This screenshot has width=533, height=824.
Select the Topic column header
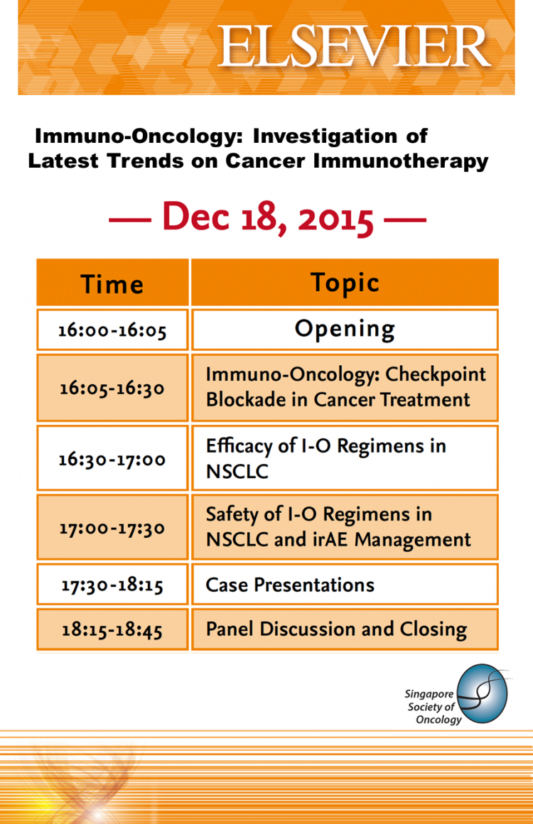coord(345,282)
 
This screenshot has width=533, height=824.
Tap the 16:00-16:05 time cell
coord(112,330)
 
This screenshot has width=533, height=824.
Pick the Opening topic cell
coord(345,330)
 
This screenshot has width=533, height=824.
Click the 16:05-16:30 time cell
coord(112,388)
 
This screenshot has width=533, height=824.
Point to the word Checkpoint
coord(436,374)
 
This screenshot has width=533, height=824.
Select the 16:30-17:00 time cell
coord(112,458)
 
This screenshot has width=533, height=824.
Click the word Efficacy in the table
coord(239,446)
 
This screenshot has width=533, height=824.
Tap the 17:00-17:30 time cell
coord(112,527)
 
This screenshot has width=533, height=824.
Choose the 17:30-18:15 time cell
coord(112,585)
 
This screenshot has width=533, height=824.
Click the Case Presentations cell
coord(345,585)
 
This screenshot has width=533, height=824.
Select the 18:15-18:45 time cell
coord(112,629)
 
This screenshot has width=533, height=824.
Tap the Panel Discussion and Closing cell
coord(345,629)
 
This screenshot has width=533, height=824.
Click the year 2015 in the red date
coord(335,218)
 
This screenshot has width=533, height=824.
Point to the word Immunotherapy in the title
coord(401,161)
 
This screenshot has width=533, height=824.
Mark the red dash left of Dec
coord(129,219)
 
